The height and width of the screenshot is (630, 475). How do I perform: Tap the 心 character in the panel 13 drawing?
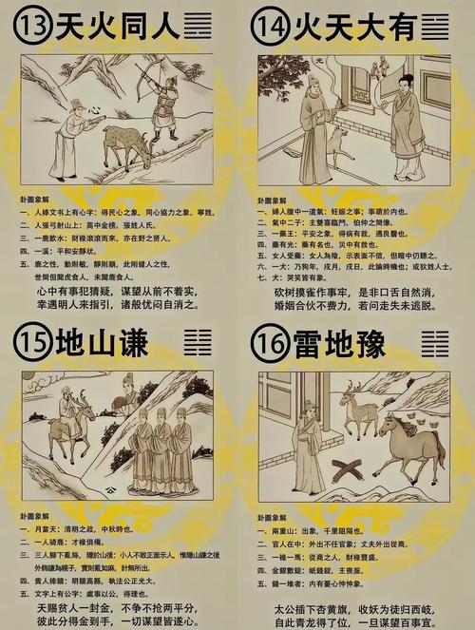[x=95, y=111]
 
